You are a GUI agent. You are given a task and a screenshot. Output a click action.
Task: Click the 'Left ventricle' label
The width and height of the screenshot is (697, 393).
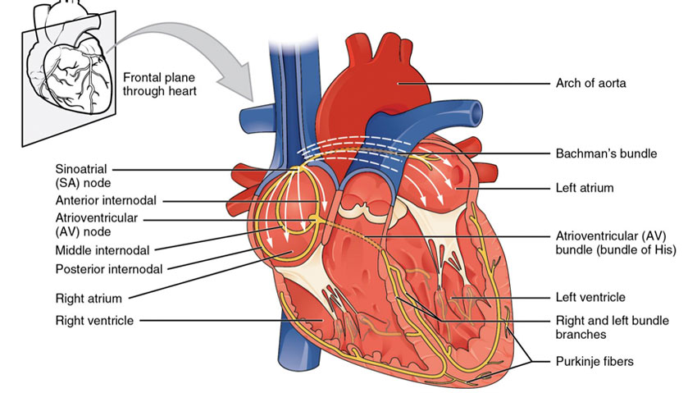[x=585, y=297]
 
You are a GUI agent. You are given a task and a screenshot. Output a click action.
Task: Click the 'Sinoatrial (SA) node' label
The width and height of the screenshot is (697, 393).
[x=83, y=176]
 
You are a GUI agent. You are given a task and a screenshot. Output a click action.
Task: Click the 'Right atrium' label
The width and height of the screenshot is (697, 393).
[x=85, y=299]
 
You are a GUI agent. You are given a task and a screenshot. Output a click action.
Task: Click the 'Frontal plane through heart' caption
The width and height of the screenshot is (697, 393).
[x=159, y=84]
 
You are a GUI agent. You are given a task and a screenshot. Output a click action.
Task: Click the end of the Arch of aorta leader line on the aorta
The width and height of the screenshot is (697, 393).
[x=399, y=83]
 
